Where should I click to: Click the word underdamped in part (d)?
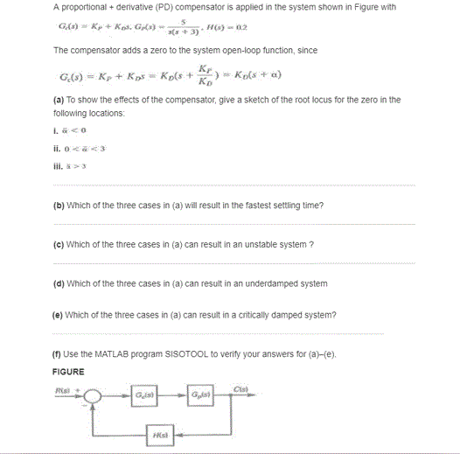pyautogui.click(x=271, y=283)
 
